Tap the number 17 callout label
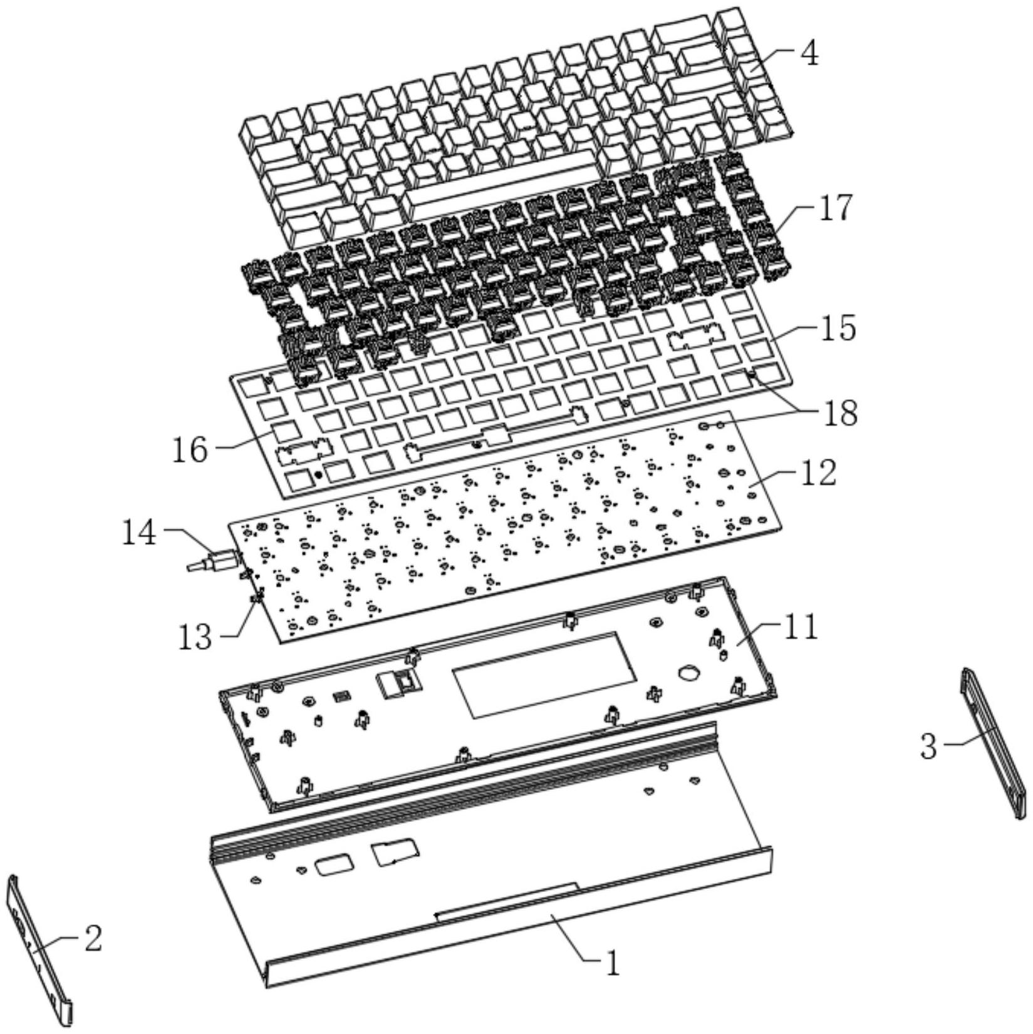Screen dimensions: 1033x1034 pos(835,208)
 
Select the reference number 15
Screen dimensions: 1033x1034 pos(838,328)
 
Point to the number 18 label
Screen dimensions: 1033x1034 pos(840,412)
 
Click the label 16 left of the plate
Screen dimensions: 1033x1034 pos(190,449)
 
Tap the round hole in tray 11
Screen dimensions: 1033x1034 pos(688,672)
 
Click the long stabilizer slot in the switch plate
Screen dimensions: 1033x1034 pos(495,432)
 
